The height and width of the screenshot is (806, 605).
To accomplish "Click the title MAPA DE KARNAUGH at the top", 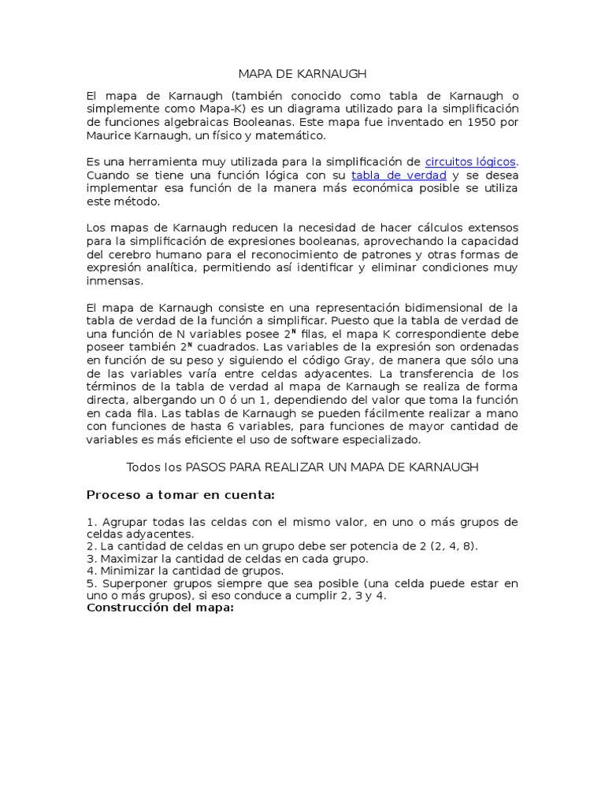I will pos(302,74).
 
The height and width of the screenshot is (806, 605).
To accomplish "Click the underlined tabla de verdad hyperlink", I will pos(399,176).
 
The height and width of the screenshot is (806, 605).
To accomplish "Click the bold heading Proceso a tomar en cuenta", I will pos(180,494).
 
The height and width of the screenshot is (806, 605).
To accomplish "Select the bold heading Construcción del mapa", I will pos(161,608).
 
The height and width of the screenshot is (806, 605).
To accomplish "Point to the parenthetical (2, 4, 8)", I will pos(449,546).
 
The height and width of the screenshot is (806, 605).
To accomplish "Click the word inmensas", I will pos(114,280).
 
